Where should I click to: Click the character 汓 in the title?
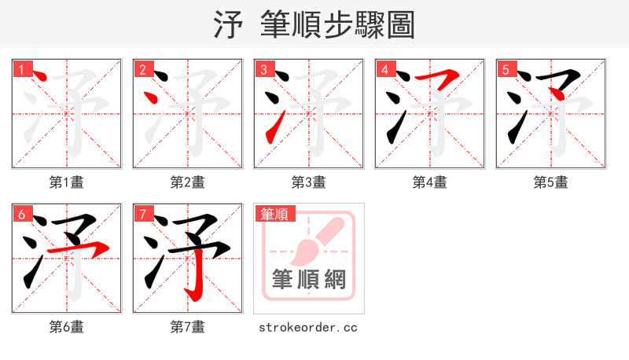pos(228,25)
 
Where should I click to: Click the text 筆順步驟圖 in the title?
pos(337,25)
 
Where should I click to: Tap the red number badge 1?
pos(21,70)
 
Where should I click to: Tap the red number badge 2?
pos(142,70)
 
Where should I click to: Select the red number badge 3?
pos(263,70)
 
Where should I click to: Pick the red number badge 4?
pos(384,70)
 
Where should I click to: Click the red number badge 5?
pos(506,70)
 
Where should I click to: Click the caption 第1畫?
pos(67,182)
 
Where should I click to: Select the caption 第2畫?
pos(188,182)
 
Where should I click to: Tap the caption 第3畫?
pos(309,182)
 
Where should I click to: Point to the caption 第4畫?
pos(430,182)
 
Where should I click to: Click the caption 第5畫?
pos(551,182)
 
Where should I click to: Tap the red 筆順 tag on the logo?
pos(274,214)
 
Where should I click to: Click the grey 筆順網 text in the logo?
pos(308,279)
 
